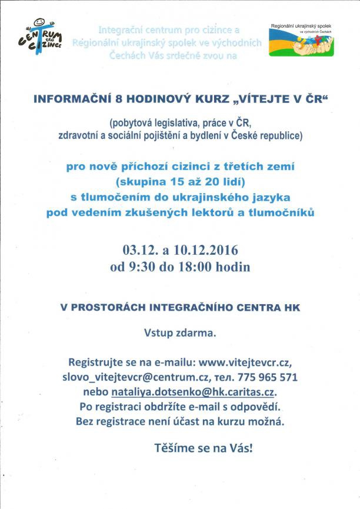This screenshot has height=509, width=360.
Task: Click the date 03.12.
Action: pos(138,248)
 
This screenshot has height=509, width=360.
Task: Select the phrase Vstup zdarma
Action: pos(180,333)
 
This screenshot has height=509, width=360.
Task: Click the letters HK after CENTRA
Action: pos(292,307)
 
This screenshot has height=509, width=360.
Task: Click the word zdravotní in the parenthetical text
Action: pos(82,136)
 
